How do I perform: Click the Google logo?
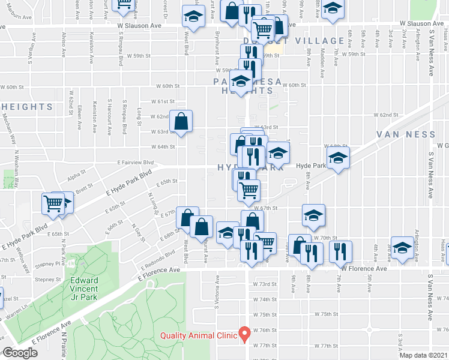click(20, 353)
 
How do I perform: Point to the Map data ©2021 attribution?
click(423, 355)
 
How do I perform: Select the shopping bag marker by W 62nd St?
click(181, 122)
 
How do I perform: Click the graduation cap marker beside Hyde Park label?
click(339, 160)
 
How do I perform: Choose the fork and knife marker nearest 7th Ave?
click(340, 251)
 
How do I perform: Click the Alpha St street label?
click(77, 177)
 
